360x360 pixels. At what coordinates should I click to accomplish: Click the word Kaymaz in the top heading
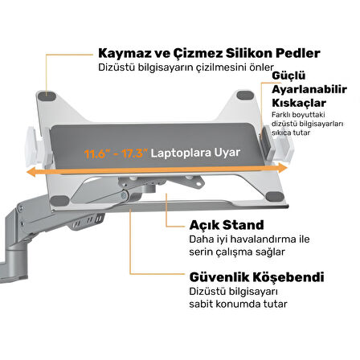click(125, 53)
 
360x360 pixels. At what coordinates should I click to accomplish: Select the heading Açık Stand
click(227, 225)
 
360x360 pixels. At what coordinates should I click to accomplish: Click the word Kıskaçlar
click(299, 103)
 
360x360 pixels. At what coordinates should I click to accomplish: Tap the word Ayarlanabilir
click(309, 89)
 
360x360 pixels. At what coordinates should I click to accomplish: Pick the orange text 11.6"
click(97, 153)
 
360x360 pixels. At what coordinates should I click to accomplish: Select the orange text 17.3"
click(135, 153)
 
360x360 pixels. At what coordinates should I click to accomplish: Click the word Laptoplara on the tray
click(181, 153)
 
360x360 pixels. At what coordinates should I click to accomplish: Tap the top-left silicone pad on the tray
click(47, 96)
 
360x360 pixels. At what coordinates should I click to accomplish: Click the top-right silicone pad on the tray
click(245, 96)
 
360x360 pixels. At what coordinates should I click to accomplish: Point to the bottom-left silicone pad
click(59, 201)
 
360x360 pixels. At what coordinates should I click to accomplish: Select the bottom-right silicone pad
click(276, 197)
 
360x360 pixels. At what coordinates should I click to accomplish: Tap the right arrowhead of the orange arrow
click(282, 168)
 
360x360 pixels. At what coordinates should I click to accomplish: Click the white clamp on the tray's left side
click(35, 147)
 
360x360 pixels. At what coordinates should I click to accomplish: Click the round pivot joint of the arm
click(125, 195)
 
